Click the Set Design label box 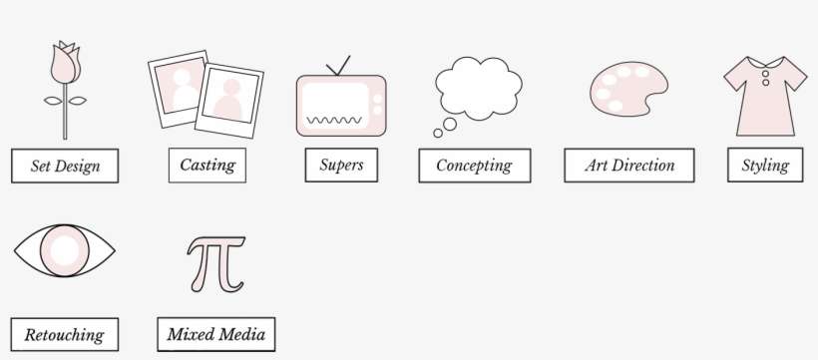tap(65, 167)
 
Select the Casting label tap(206, 165)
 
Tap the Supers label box tap(341, 165)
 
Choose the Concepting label tap(474, 166)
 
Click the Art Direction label tap(629, 166)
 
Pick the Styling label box tap(765, 166)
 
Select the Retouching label tap(64, 335)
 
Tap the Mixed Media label tap(216, 334)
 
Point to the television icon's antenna tap(339, 67)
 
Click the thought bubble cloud tap(478, 89)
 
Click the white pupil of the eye tap(65, 249)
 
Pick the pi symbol tap(215, 264)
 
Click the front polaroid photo tap(229, 102)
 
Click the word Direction tap(643, 166)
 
